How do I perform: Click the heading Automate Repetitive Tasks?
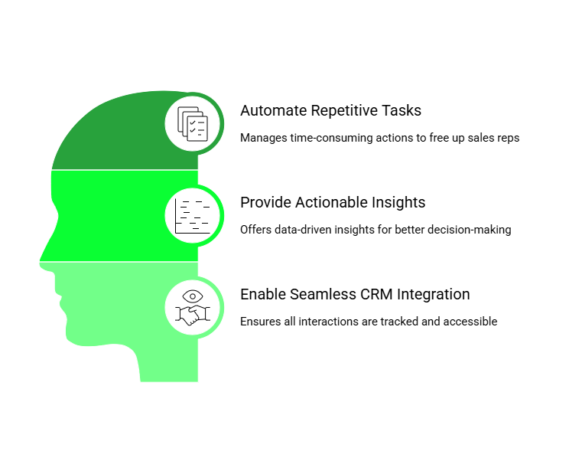click(330, 110)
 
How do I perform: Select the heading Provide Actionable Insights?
click(333, 202)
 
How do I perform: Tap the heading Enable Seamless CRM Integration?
click(355, 294)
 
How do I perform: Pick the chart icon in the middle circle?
click(193, 215)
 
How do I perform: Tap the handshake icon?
click(193, 313)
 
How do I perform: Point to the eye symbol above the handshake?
click(193, 296)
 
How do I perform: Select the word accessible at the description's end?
click(471, 322)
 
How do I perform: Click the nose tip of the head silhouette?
click(41, 259)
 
